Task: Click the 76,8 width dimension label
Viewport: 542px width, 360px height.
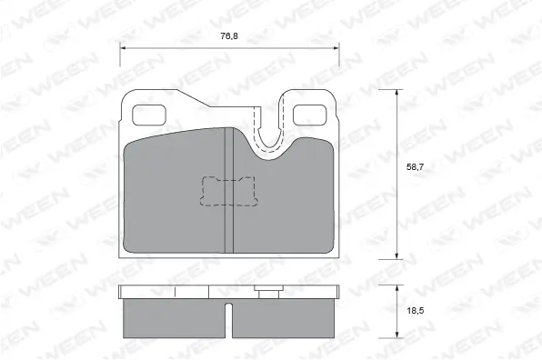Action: (229, 36)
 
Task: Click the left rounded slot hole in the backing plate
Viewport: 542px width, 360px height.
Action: (148, 115)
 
